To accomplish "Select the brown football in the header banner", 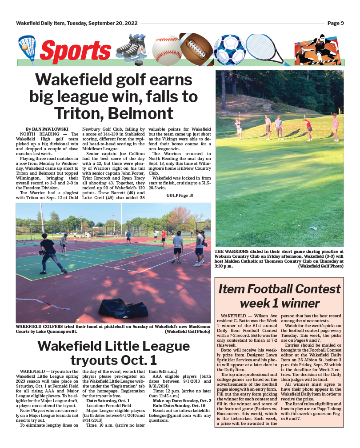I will [x=198, y=49].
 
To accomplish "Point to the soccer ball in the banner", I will [x=229, y=49].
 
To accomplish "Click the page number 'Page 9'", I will [x=336, y=23].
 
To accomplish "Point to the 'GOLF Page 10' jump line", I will [x=180, y=195].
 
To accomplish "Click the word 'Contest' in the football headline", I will [x=314, y=289].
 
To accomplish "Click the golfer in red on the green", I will [x=308, y=129].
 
